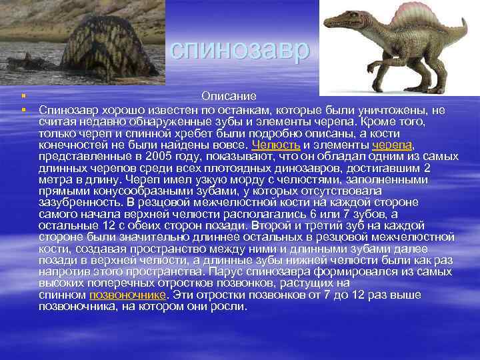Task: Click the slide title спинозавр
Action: [239, 49]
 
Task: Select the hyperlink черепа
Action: [393, 144]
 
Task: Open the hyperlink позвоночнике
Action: [127, 294]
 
